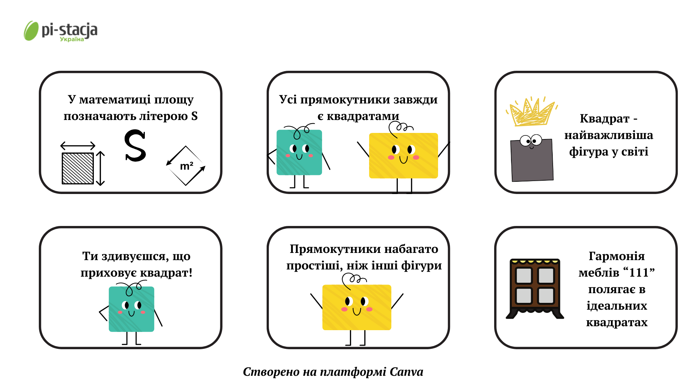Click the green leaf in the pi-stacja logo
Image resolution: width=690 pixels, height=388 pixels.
tap(31, 31)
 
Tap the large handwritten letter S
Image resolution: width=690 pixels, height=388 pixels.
tap(135, 145)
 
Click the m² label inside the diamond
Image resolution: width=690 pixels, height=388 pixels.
tap(187, 166)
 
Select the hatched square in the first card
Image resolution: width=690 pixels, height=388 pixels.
tap(78, 168)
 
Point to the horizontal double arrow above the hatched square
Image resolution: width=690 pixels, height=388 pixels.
tap(78, 145)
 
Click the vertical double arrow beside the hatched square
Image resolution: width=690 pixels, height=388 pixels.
tap(101, 168)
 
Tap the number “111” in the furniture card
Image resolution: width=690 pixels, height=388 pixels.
tap(639, 273)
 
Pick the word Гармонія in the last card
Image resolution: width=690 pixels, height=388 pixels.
tap(617, 256)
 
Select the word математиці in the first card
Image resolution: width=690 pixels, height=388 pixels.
tap(115, 100)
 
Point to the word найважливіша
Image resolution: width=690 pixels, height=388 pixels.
tap(609, 135)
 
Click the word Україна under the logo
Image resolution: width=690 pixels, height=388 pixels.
tap(72, 39)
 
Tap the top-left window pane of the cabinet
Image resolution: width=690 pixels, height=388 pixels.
tap(524, 276)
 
